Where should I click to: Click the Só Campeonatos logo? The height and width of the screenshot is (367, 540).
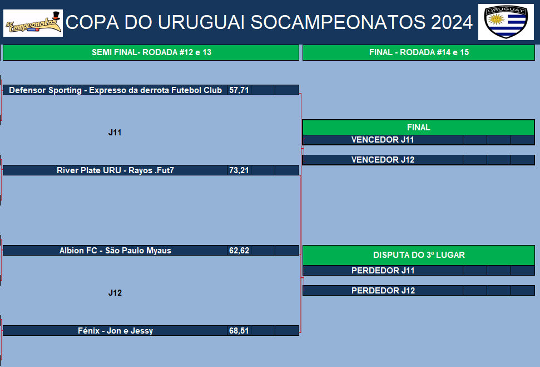pyautogui.click(x=33, y=23)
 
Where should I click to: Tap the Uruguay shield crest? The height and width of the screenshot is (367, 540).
pyautogui.click(x=506, y=22)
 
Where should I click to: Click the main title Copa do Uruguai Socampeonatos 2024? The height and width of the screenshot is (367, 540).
pyautogui.click(x=269, y=22)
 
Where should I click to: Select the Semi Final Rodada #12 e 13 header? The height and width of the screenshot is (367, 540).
pyautogui.click(x=151, y=52)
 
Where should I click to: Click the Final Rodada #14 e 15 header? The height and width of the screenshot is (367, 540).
pyautogui.click(x=419, y=52)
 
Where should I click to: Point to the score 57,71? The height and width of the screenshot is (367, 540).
pyautogui.click(x=239, y=90)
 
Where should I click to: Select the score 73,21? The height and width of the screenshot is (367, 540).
pyautogui.click(x=239, y=170)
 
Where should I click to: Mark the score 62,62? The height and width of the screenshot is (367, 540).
pyautogui.click(x=239, y=251)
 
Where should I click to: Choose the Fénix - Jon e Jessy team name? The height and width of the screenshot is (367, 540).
pyautogui.click(x=115, y=331)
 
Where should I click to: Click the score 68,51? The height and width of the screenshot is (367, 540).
pyautogui.click(x=239, y=331)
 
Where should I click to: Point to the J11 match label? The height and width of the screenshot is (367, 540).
pyautogui.click(x=115, y=133)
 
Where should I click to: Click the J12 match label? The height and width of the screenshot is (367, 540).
pyautogui.click(x=115, y=293)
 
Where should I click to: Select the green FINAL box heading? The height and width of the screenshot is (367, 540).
pyautogui.click(x=419, y=128)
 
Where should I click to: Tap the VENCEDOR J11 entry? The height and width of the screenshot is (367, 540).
pyautogui.click(x=383, y=140)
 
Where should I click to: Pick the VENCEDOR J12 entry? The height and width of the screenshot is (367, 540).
pyautogui.click(x=383, y=160)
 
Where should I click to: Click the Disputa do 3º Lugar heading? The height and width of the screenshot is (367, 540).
pyautogui.click(x=419, y=255)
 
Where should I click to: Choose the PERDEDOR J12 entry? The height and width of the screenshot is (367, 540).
pyautogui.click(x=383, y=291)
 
